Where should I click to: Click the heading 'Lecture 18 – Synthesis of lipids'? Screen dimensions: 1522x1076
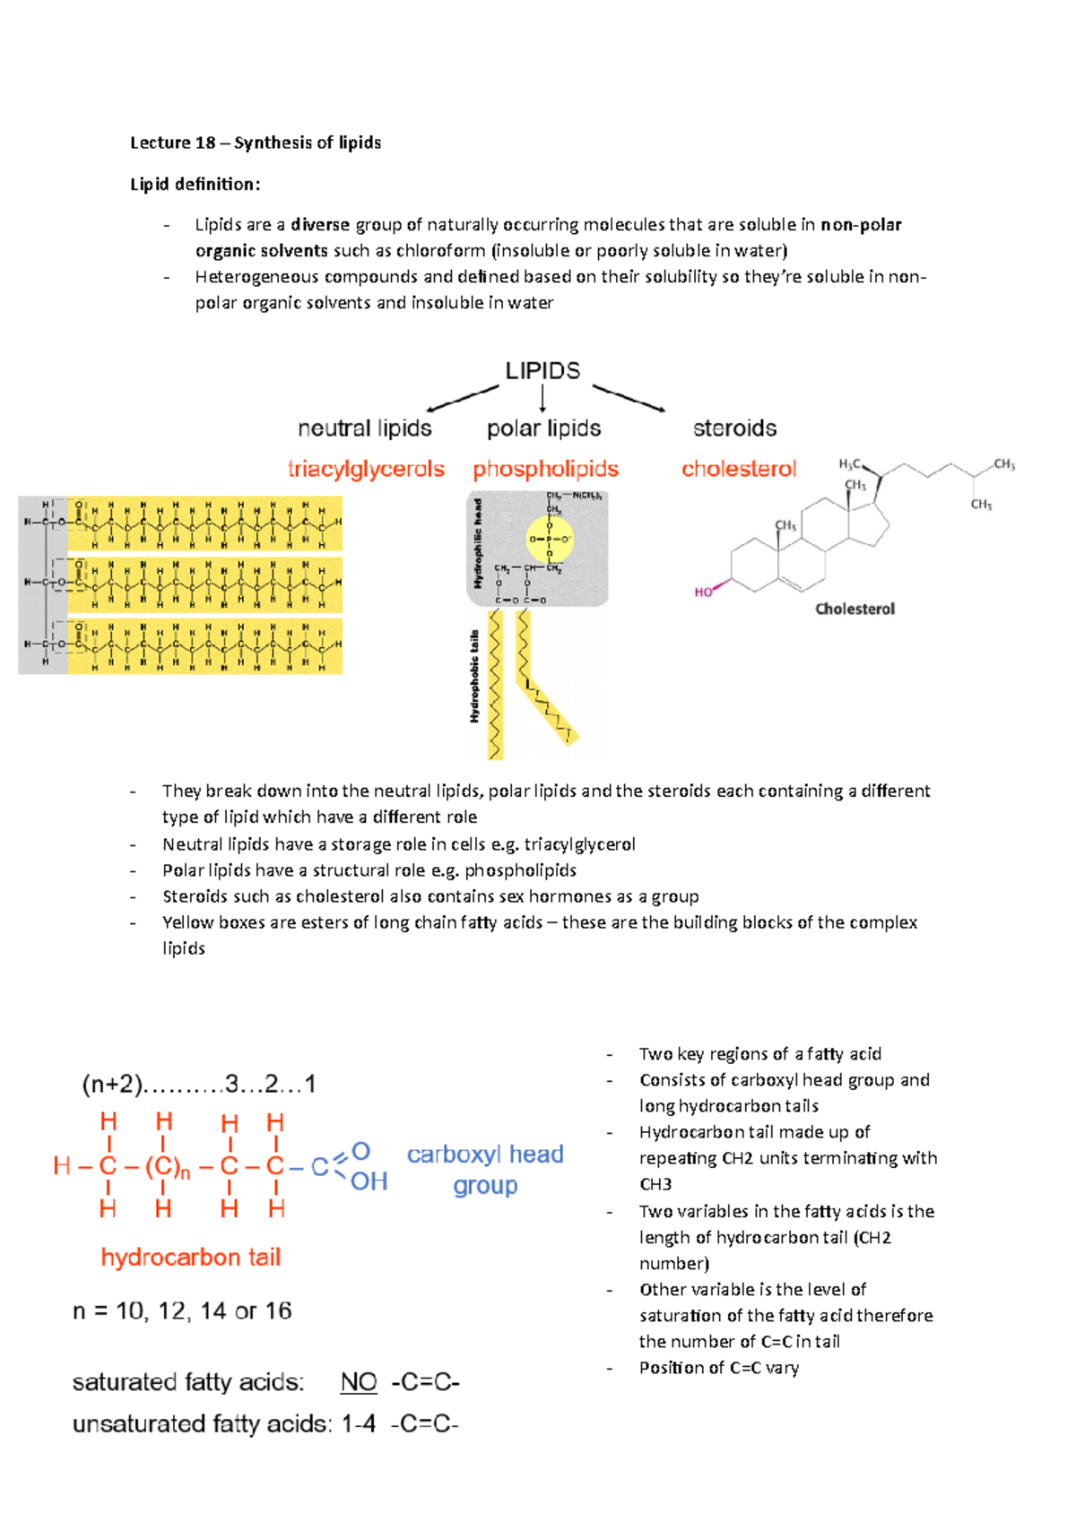(256, 143)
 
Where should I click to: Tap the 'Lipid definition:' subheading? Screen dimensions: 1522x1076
(195, 185)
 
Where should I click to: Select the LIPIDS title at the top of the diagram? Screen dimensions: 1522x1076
(542, 370)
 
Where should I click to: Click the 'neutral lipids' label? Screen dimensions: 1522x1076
(365, 428)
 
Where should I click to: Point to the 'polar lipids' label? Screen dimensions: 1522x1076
(543, 428)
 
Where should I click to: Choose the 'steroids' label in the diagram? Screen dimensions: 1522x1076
(734, 428)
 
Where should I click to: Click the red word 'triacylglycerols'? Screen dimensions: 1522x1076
(366, 469)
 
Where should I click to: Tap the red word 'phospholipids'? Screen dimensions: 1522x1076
(545, 469)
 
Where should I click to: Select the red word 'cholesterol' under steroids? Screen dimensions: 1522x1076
(739, 469)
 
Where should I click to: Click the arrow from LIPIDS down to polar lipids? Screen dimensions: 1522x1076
(542, 399)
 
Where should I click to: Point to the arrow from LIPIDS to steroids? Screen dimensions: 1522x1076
(629, 398)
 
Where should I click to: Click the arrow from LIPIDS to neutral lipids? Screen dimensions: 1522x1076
(462, 399)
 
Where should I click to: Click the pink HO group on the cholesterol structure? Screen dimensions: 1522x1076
(704, 592)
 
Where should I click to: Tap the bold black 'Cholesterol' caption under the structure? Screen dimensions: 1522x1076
(855, 610)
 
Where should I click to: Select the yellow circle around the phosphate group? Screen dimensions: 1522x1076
(549, 540)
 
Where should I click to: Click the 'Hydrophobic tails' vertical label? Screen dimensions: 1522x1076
(475, 677)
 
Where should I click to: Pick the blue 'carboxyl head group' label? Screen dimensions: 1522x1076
(485, 1170)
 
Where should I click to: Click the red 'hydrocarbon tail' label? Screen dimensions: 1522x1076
(191, 1258)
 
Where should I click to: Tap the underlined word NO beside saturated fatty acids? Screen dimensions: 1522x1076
(359, 1382)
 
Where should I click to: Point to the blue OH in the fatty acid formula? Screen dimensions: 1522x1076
(369, 1181)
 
